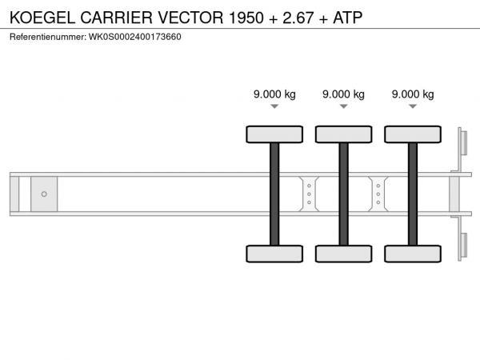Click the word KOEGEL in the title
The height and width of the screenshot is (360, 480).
(42, 18)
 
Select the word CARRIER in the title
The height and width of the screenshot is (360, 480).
(116, 18)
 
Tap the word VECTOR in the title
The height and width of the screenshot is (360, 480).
(190, 18)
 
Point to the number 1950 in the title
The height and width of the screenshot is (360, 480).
(246, 18)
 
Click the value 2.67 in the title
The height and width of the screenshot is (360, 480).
(298, 18)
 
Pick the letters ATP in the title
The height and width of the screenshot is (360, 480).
(348, 18)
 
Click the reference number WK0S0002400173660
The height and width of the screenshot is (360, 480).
(135, 37)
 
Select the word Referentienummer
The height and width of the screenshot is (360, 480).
(47, 37)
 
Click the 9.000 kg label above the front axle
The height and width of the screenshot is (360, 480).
(274, 94)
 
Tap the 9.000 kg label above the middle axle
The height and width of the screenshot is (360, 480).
(343, 94)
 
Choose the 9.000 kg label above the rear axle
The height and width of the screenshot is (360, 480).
(413, 94)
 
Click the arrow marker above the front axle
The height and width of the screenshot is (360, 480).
(274, 106)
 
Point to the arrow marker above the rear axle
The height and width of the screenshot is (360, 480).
(413, 106)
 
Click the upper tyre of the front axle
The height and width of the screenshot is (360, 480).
(274, 134)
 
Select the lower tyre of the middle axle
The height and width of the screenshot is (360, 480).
(344, 254)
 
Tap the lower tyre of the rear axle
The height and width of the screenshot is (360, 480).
(413, 254)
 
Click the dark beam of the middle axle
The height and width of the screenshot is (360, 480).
(344, 194)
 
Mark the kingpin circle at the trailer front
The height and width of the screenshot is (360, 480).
(44, 194)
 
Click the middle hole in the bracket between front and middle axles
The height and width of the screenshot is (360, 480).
(309, 194)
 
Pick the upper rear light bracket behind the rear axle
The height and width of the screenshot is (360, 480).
(462, 143)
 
